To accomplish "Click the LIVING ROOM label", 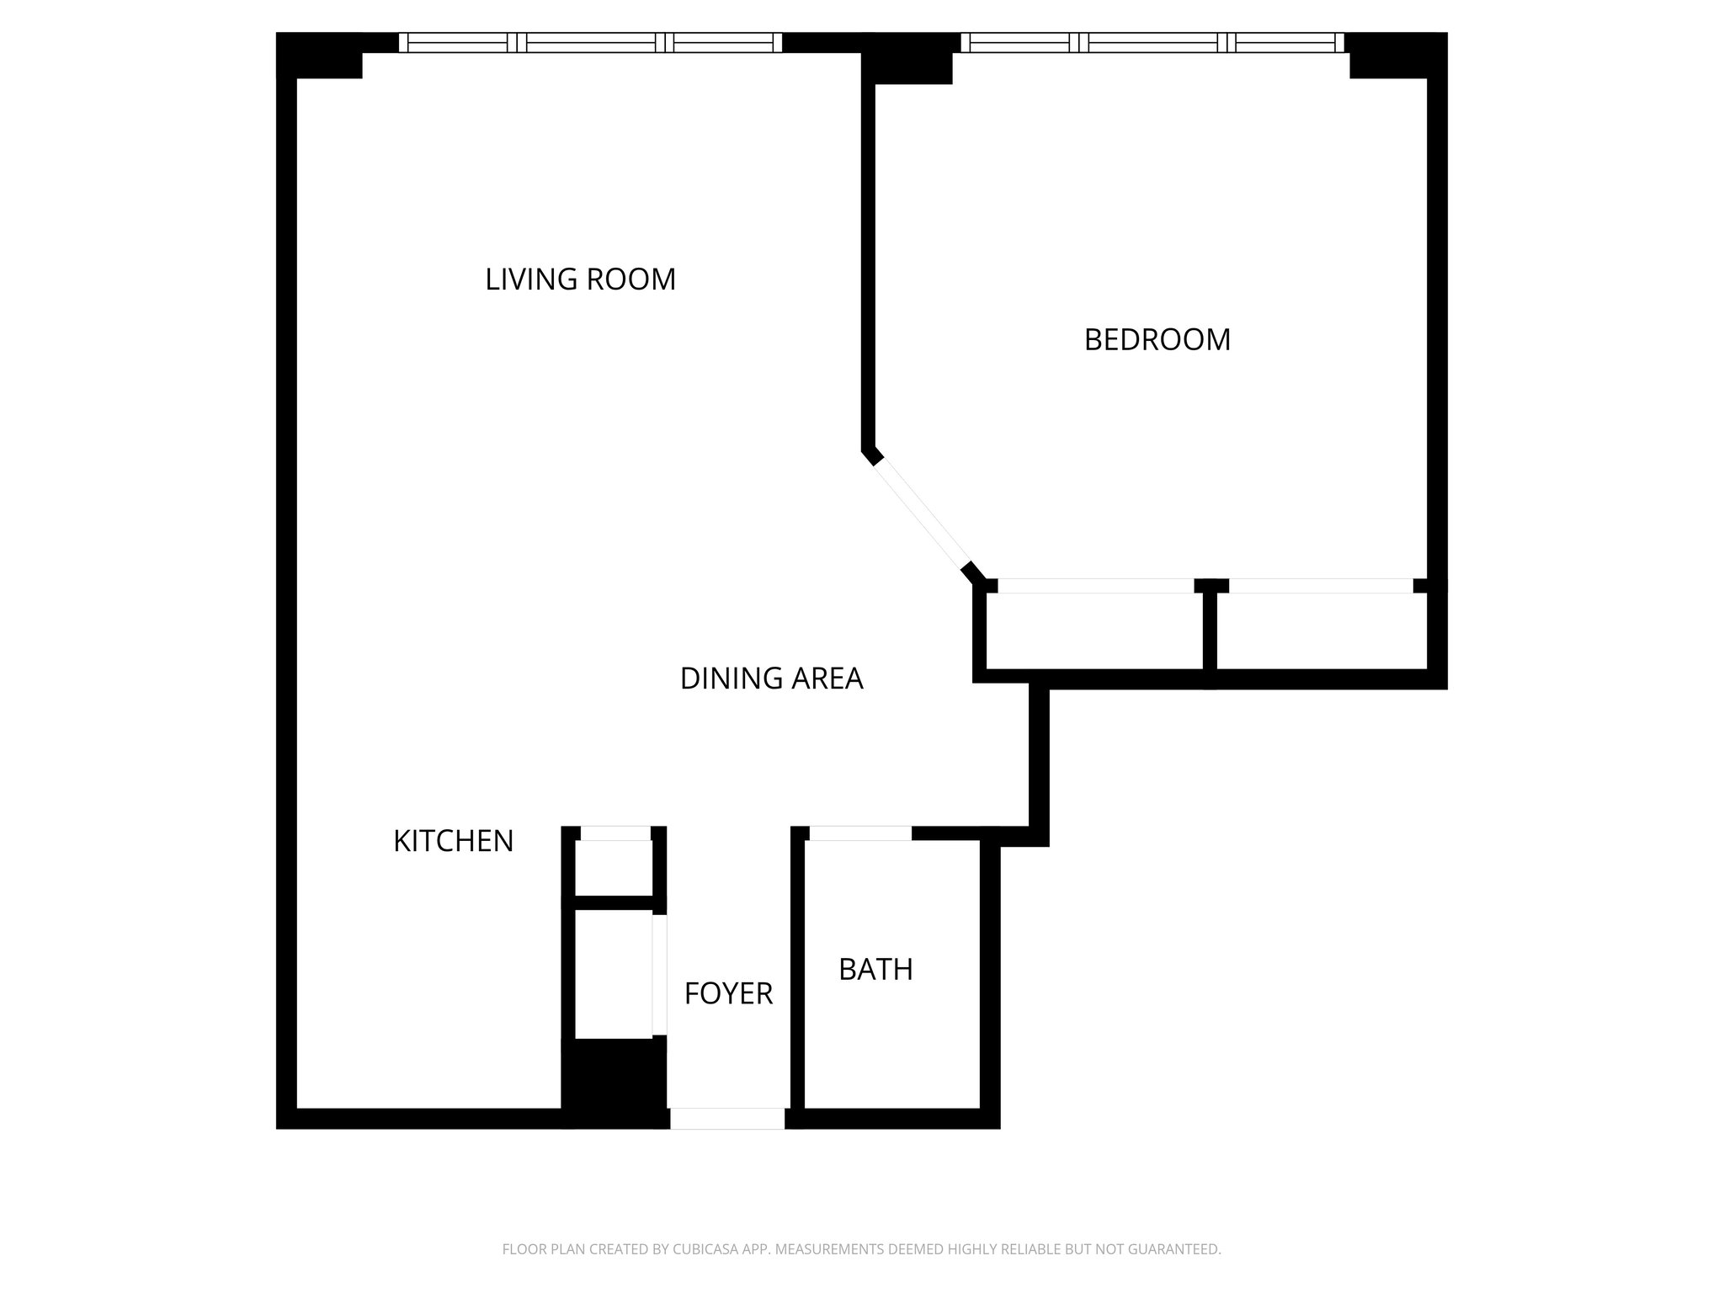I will (x=580, y=279).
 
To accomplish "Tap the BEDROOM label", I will (x=1157, y=340).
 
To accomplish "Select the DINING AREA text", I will (x=771, y=678).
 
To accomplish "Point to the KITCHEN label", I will (x=453, y=841).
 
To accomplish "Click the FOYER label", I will (x=728, y=994).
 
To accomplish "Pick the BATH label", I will (x=875, y=970).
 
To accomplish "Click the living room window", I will (x=590, y=42).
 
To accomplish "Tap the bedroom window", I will (x=1152, y=42).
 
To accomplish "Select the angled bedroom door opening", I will (x=923, y=515).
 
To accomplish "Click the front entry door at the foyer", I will (x=727, y=1118).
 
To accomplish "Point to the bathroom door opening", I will (x=860, y=833).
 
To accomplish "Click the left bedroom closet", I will (x=1094, y=631).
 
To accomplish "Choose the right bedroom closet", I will (x=1320, y=631).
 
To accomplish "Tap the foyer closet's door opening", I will (x=660, y=975).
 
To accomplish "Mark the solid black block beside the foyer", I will (x=614, y=1081).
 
